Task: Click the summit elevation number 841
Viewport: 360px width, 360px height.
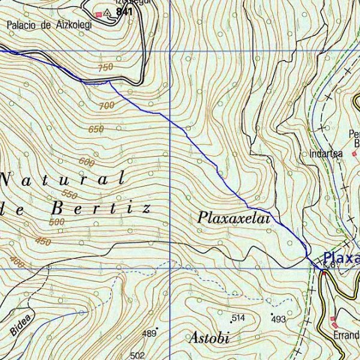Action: tap(124, 12)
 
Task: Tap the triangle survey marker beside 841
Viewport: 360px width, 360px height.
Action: tap(107, 12)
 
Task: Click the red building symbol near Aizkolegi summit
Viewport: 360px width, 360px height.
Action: tap(99, 14)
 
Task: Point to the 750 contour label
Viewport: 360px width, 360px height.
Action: tap(105, 68)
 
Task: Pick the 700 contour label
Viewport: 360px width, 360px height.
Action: tap(106, 106)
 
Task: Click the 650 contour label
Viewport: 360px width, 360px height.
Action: tap(96, 129)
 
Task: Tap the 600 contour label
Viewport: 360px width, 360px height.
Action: tap(86, 163)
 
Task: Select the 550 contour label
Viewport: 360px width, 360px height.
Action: tap(70, 194)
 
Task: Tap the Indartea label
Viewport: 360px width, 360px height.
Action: tap(326, 154)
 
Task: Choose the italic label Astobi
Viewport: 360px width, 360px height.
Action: tap(210, 338)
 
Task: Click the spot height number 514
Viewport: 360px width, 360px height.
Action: tap(239, 317)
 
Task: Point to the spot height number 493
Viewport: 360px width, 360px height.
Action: tap(278, 320)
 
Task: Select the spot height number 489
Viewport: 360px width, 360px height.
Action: tap(148, 333)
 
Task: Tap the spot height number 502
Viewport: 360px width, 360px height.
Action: tap(137, 355)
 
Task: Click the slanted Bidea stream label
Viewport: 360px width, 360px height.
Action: tap(22, 324)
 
